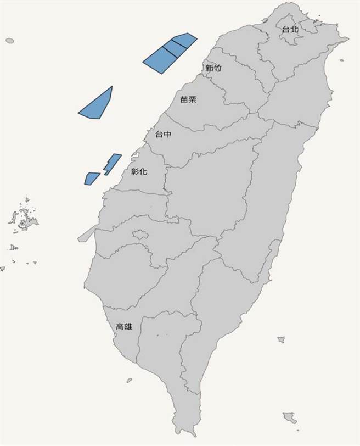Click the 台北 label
[x=290, y=29]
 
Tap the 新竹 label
[x=213, y=68]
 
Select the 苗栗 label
[x=188, y=100]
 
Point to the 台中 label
[x=163, y=134]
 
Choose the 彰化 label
[x=139, y=171]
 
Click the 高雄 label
[x=124, y=327]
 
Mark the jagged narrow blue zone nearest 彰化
[x=113, y=163]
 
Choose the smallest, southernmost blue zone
[x=91, y=178]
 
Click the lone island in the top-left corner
[x=9, y=41]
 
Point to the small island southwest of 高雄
[x=129, y=380]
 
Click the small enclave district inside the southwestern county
[x=140, y=235]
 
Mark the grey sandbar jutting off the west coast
[x=85, y=236]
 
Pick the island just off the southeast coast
[x=281, y=340]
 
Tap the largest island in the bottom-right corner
[x=291, y=420]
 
